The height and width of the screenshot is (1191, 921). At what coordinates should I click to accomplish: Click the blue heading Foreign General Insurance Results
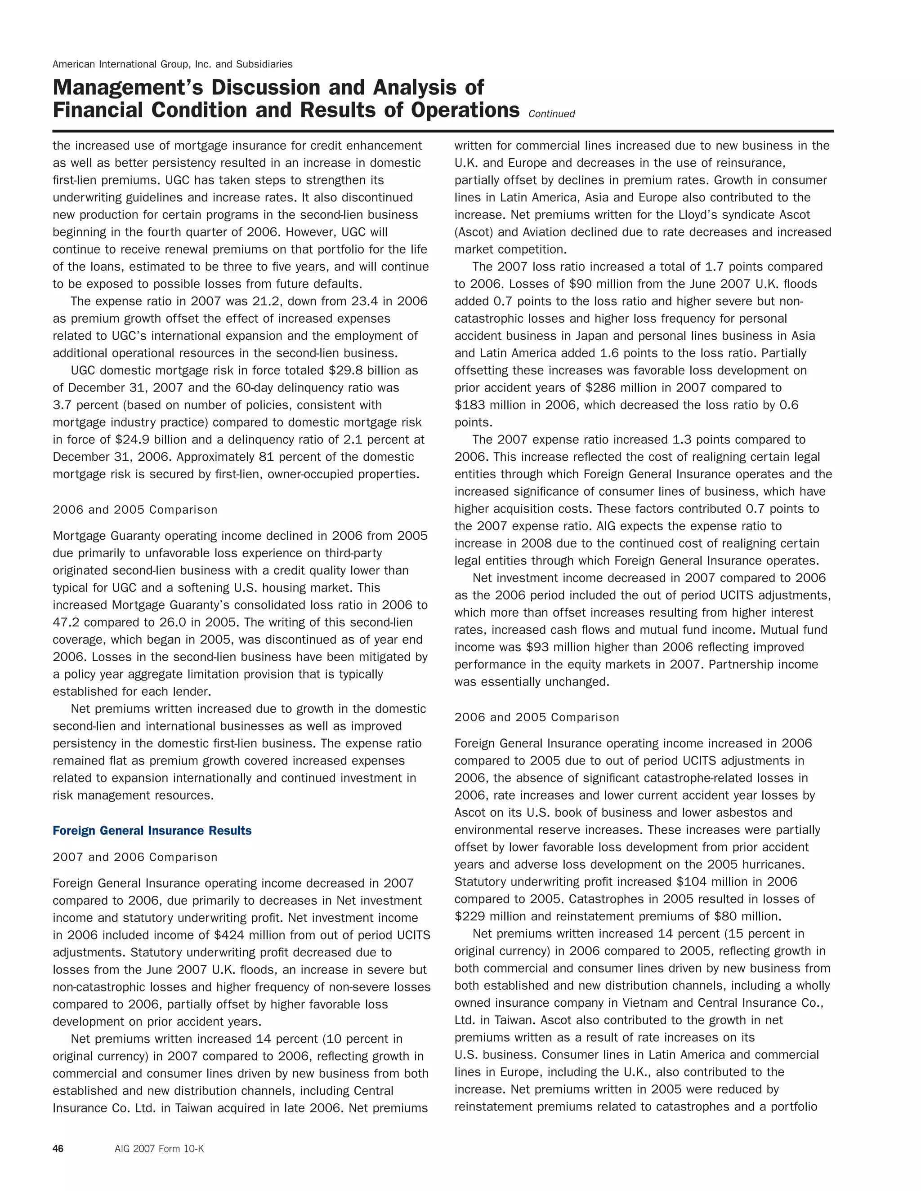click(x=152, y=831)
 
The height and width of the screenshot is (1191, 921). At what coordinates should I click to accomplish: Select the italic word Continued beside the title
click(x=552, y=114)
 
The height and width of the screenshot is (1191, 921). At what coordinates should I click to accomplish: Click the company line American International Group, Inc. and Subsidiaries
click(x=172, y=64)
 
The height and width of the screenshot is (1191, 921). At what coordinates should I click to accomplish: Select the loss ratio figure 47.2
click(x=66, y=622)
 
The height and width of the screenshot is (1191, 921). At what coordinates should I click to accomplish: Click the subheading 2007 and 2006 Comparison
click(x=135, y=857)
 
